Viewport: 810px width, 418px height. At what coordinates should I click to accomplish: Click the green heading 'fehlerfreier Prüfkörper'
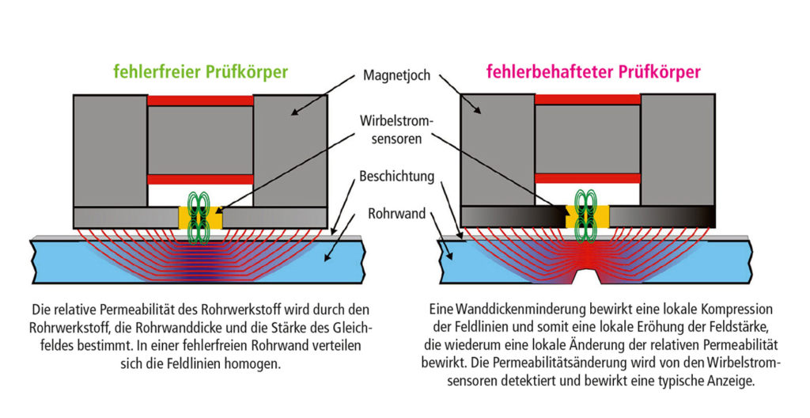pos(200,72)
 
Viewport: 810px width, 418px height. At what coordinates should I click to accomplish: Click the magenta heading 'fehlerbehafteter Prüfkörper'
pos(593,72)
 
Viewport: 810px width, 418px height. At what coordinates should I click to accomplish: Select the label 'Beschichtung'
pos(397,177)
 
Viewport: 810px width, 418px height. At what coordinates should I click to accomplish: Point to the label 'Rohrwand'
pos(397,213)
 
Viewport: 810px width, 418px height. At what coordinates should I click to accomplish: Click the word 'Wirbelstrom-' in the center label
pos(397,122)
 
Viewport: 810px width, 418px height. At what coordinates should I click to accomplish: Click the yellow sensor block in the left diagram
pos(200,217)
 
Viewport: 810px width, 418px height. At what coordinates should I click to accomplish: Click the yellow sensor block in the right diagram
pos(588,216)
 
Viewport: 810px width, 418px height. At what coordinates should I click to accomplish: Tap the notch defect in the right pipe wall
pos(588,276)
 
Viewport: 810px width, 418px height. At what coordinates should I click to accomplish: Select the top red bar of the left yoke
pos(200,101)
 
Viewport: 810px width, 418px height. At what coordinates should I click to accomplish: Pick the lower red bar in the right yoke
pos(588,178)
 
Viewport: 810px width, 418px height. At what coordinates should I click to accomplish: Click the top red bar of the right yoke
pos(588,99)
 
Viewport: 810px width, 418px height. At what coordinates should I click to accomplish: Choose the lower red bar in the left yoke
pos(200,180)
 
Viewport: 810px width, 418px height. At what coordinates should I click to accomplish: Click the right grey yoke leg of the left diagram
pos(290,151)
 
